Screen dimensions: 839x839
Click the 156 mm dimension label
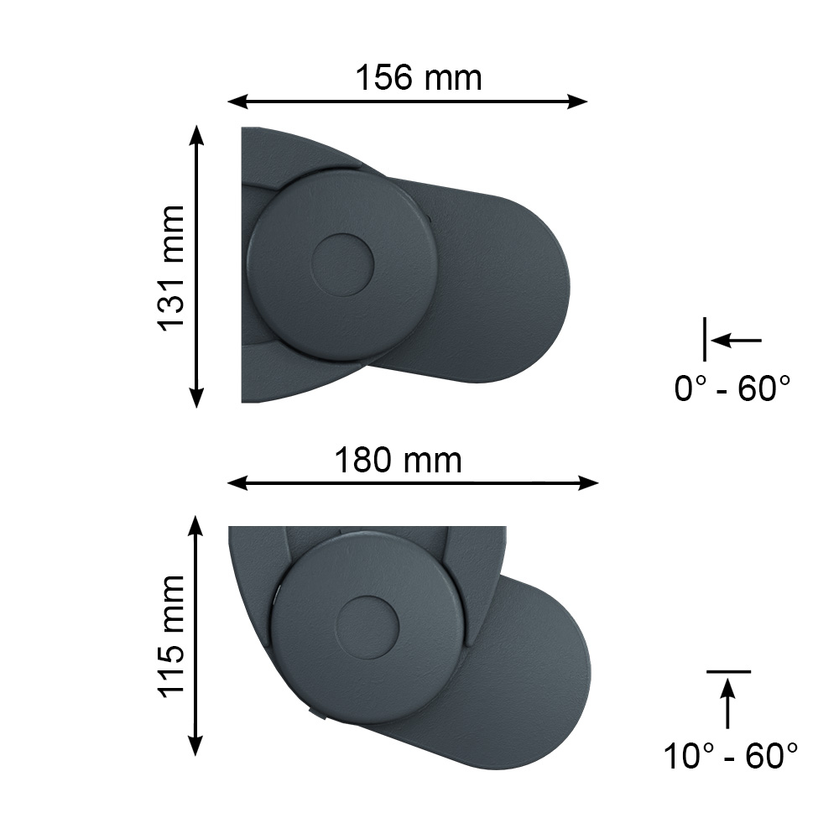coord(419,77)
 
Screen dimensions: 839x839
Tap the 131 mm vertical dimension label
coord(171,268)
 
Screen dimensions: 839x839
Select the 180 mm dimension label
coord(398,460)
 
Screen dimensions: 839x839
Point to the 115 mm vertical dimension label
coord(171,636)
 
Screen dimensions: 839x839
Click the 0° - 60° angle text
coord(732,388)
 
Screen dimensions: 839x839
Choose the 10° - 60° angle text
coord(731,756)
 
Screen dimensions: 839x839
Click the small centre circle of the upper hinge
coord(342,265)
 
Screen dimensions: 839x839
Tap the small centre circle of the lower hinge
coord(367,628)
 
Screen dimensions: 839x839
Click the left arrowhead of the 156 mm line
coord(238,102)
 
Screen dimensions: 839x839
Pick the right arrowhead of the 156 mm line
coord(577,102)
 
